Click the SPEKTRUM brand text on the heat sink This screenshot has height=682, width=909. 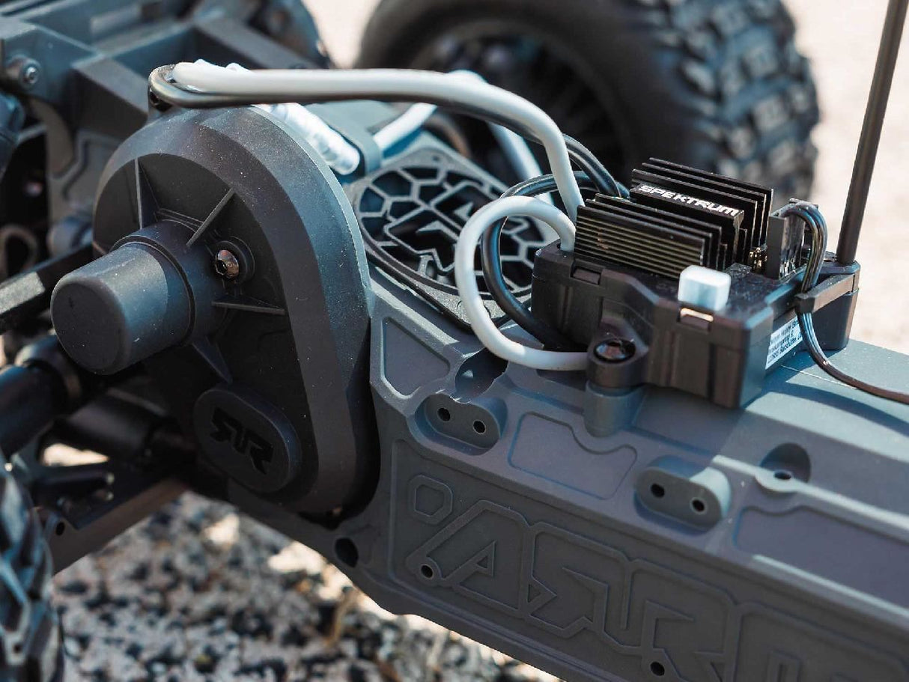pyautogui.click(x=687, y=200)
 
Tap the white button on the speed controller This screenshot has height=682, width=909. pyautogui.click(x=703, y=288)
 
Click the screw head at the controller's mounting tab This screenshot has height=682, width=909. pyautogui.click(x=614, y=350)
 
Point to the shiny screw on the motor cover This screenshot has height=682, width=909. pyautogui.click(x=226, y=263)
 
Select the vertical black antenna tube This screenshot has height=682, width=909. pyautogui.click(x=869, y=127)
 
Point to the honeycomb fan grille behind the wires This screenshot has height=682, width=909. pyautogui.click(x=434, y=217)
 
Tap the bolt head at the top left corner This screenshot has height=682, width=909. pyautogui.click(x=28, y=73)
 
